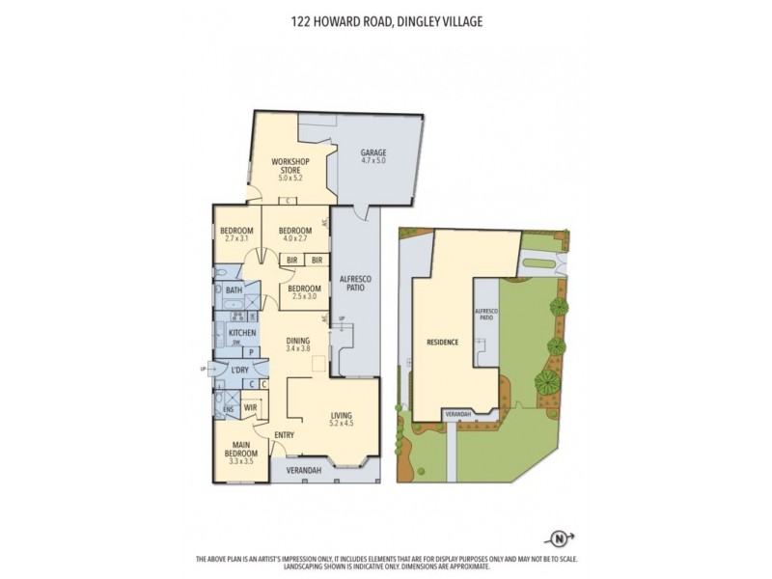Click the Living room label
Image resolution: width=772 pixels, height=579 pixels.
[x=342, y=416]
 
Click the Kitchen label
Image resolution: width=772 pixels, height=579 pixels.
[x=241, y=333]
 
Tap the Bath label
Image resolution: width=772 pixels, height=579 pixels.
[x=234, y=289]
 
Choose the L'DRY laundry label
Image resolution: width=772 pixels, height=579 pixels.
[x=240, y=370]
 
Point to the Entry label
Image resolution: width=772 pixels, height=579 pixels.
[x=284, y=434]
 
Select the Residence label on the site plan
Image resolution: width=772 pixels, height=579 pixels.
[x=443, y=343]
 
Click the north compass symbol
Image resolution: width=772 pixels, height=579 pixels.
[x=557, y=538]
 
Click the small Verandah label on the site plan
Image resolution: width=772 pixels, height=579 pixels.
[x=457, y=413]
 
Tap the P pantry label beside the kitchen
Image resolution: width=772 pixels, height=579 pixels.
[x=250, y=353]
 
